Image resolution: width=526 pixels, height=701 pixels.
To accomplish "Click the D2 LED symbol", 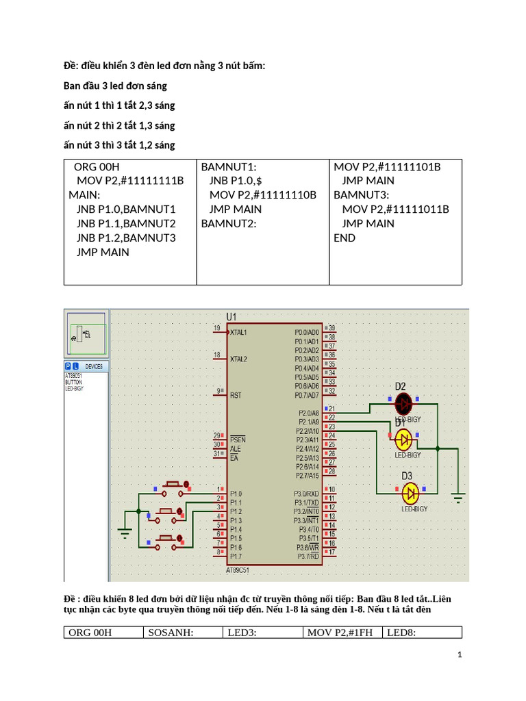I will point(404,403).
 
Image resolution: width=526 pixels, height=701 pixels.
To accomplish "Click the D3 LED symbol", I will point(410,492).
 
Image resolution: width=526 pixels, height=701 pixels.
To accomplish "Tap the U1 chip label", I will point(231,317).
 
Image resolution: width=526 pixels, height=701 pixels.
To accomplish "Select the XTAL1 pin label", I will point(239,333).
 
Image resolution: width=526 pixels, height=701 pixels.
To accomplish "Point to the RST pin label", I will point(236,395).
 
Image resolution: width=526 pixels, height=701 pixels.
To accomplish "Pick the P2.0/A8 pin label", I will point(308,413).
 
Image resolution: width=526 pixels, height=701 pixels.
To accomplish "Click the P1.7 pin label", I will point(236,557).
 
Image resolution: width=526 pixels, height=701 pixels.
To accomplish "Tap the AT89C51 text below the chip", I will point(238,570).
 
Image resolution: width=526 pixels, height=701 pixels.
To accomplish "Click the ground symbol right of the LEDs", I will point(458,496).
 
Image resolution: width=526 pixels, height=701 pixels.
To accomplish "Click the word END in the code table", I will point(345,238).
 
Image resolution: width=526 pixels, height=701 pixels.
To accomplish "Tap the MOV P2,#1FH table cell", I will point(340,633).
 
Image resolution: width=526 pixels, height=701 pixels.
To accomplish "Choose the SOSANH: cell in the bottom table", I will point(171,633).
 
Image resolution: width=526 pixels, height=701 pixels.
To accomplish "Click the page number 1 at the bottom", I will point(460,655).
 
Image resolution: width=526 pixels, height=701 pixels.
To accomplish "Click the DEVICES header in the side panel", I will point(94,366).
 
